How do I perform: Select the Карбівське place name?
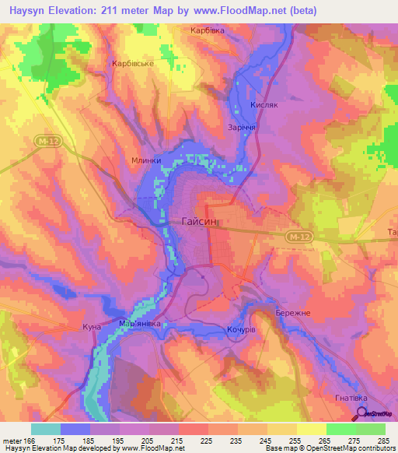click(133, 64)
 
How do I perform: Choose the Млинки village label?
click(146, 161)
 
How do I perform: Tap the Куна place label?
click(92, 328)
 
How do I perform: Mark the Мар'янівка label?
click(140, 323)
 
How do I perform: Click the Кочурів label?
click(241, 332)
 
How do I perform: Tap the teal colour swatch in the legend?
click(45, 429)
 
